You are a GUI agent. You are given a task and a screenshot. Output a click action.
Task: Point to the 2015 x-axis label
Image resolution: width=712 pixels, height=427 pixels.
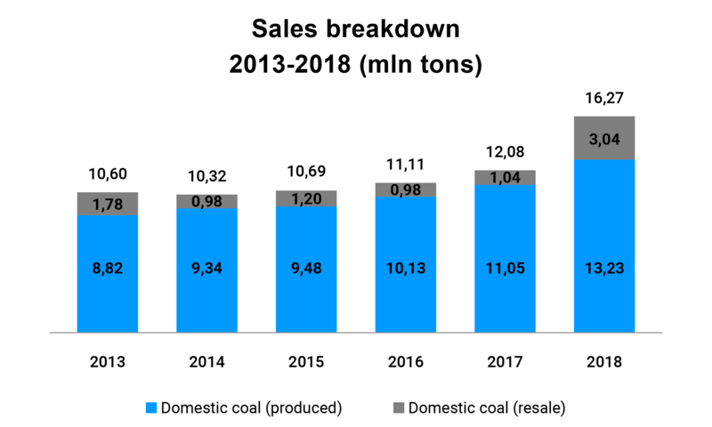pyautogui.click(x=305, y=362)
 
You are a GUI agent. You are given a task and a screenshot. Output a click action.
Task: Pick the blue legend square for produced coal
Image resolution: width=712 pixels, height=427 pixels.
pyautogui.click(x=150, y=408)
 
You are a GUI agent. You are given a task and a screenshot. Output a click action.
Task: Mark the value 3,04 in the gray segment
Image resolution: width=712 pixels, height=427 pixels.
pyautogui.click(x=604, y=139)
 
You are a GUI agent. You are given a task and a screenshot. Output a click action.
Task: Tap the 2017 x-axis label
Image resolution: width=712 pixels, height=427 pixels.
pyautogui.click(x=505, y=362)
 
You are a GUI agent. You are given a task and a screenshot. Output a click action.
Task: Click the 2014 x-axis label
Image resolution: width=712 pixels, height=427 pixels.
pyautogui.click(x=206, y=362)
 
